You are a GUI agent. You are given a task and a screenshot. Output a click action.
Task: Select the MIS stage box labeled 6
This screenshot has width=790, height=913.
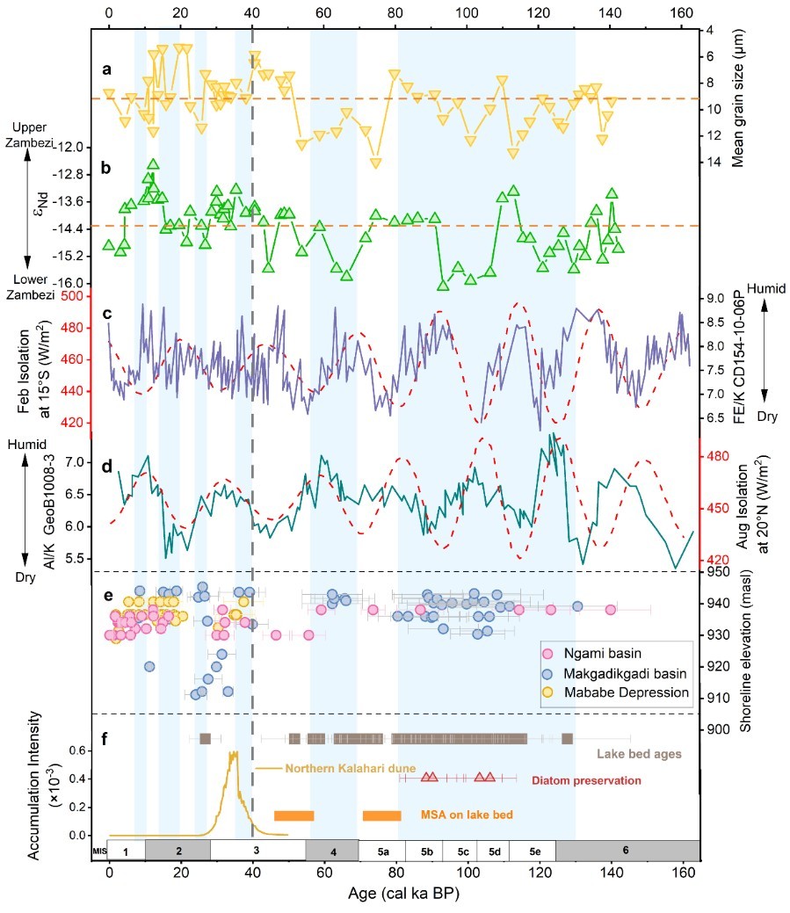(626, 851)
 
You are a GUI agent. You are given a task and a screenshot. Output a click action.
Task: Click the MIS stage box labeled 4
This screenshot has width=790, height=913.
(331, 851)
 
